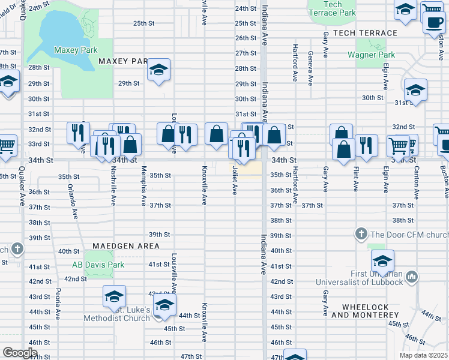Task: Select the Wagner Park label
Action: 371,55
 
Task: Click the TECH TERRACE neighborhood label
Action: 365,33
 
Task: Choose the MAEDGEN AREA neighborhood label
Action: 126,246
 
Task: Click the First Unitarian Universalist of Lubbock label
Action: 367,278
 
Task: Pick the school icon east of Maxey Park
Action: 159,70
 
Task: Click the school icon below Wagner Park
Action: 415,90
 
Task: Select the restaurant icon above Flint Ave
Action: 366,146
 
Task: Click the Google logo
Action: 20,352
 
